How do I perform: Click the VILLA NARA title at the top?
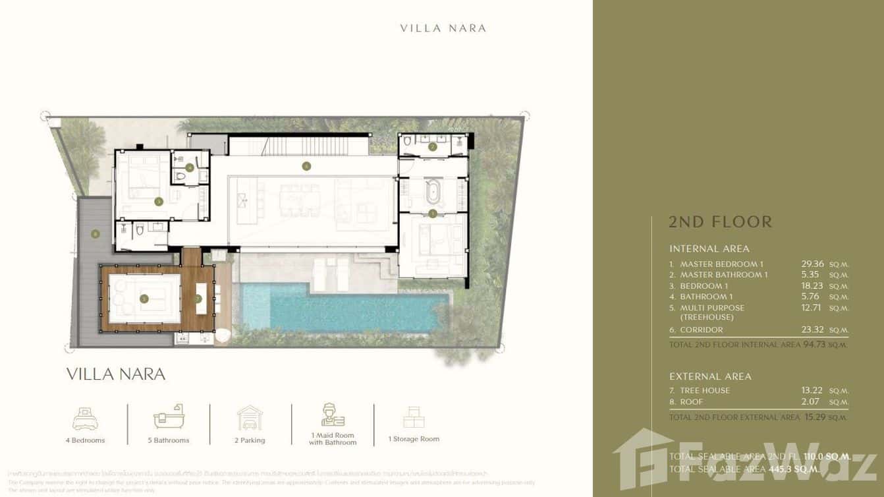[443, 28]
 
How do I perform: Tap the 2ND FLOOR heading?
[720, 221]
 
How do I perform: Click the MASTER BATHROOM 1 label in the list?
[723, 275]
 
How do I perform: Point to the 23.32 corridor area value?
[808, 330]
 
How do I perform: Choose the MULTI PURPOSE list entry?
[711, 308]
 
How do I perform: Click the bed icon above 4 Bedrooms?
[86, 418]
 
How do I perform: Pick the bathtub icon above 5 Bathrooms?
[169, 417]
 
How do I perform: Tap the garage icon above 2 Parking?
[250, 418]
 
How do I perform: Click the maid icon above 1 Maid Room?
[333, 415]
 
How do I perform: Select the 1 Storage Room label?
[414, 439]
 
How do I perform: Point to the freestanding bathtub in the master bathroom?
[432, 194]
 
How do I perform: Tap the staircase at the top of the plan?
[316, 143]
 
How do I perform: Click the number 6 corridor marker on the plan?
[306, 166]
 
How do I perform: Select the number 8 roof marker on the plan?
[96, 233]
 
